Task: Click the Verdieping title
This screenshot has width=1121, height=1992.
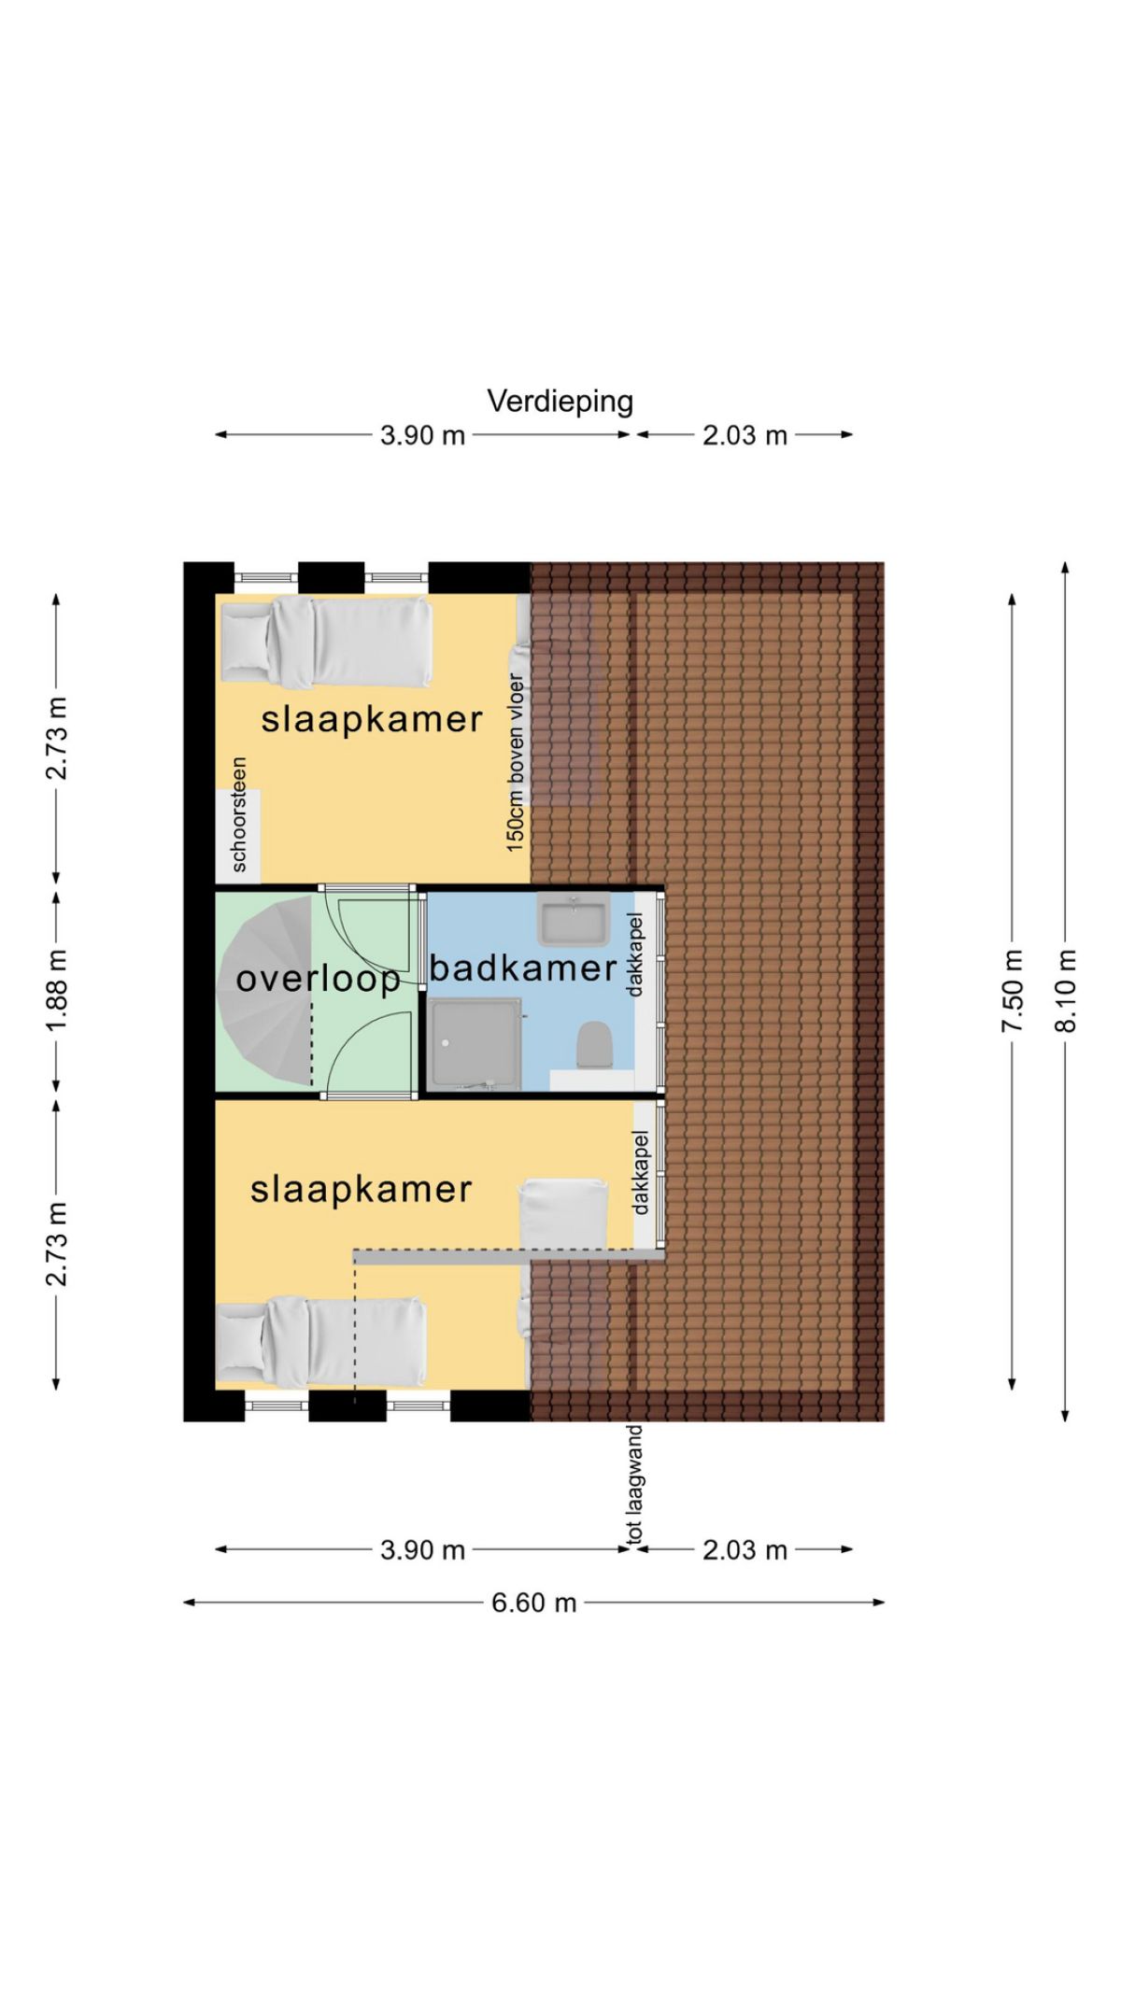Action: coord(560,402)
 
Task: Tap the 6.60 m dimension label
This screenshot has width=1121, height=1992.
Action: coord(534,1603)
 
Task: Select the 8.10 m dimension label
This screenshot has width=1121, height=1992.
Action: coord(1066,991)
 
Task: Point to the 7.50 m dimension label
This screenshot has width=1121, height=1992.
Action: coord(1013,991)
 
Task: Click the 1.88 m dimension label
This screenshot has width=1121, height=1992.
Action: coord(57,990)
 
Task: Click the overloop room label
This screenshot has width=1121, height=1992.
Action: coord(319,980)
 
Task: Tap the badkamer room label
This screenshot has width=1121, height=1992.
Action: coord(523,968)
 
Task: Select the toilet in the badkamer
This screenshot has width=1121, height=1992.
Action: coord(593,1045)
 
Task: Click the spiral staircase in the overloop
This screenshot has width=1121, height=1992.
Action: coord(265,990)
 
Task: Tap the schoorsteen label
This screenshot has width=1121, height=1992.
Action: coord(239,814)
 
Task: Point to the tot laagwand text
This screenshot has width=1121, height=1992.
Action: coord(634,1485)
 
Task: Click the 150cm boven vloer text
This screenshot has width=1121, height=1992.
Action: coord(516,762)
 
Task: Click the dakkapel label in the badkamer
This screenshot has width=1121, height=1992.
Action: coord(635,954)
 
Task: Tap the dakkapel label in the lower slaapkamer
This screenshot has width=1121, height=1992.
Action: coord(641,1173)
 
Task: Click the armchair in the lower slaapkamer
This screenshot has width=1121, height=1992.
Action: coord(563,1214)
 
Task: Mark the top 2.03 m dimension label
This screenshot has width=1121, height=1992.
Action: coord(745,435)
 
